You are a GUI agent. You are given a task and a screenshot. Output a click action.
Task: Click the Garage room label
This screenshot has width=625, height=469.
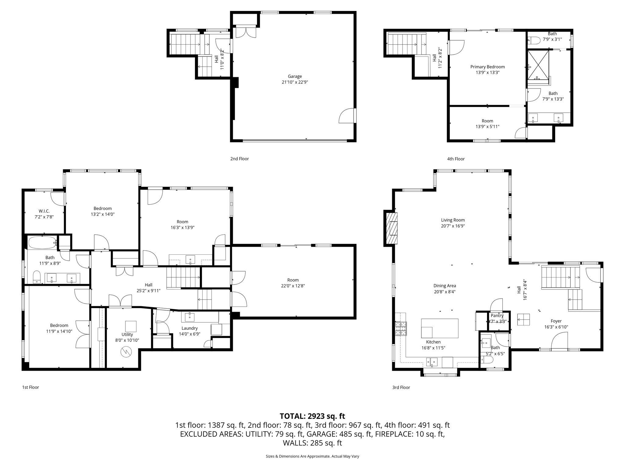[x=294, y=77]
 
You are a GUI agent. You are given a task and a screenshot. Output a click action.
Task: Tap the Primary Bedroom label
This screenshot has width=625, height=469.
[x=487, y=67]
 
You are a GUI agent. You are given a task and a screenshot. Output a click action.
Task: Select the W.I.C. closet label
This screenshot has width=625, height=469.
[x=44, y=211]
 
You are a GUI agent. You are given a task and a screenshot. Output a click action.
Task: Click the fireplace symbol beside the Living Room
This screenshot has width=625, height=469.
[x=392, y=228]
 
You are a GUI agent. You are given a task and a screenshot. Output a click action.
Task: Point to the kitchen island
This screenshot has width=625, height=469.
[x=439, y=328]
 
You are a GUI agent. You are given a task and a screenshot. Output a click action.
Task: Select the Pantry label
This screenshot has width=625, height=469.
[x=497, y=316]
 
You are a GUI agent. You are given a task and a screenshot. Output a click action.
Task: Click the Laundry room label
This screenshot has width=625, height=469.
[x=190, y=328]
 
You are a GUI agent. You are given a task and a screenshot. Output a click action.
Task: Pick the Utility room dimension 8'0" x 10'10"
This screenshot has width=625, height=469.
[x=127, y=340]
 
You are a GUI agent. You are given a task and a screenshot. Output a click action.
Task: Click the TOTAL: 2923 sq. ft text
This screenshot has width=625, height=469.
[x=312, y=416]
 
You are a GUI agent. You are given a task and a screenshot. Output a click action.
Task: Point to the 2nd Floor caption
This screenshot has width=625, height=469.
[x=240, y=159]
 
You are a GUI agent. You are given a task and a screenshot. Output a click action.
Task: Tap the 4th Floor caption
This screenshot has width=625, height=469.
[x=456, y=159]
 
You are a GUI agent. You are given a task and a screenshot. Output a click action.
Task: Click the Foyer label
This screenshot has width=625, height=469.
[x=556, y=321]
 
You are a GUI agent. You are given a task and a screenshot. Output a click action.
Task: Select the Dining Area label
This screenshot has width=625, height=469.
[x=445, y=286]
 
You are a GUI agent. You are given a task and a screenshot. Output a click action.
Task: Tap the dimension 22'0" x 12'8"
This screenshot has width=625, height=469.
[x=293, y=286]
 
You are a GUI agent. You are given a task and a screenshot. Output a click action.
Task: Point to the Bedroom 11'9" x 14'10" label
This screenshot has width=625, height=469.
[x=59, y=325]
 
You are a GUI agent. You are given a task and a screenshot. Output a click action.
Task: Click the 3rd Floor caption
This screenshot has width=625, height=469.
[x=401, y=387]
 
